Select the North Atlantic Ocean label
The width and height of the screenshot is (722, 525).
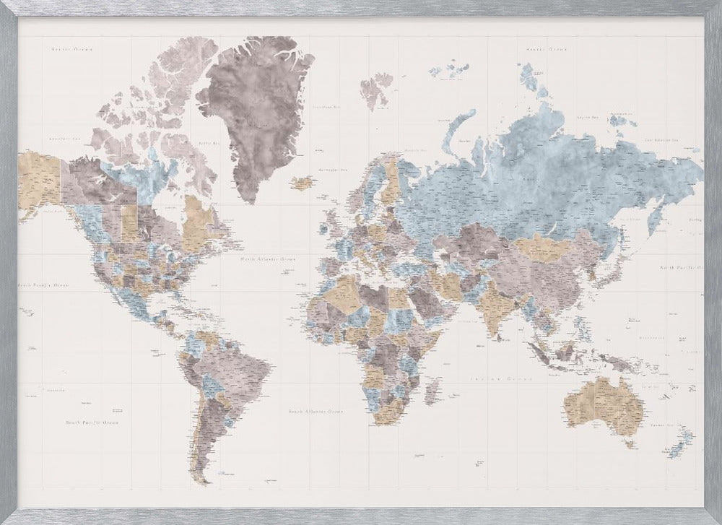(268, 257)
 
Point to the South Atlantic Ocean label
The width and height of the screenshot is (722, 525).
(316, 411)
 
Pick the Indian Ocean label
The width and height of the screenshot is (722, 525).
(490, 378)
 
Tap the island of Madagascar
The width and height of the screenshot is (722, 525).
(434, 390)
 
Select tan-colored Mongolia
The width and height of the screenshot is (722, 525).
(549, 247)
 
